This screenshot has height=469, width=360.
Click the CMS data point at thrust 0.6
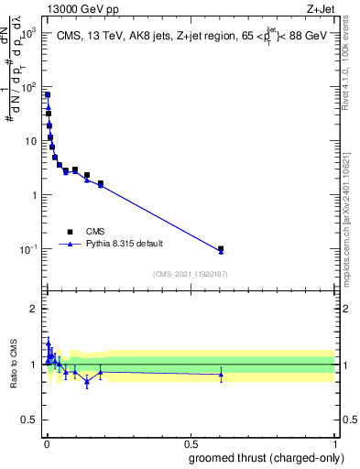coord(221,248)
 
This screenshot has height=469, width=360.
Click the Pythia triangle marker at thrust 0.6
coord(221,251)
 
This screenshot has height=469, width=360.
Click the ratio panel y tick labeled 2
coord(34,309)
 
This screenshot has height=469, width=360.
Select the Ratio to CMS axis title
coord(14,364)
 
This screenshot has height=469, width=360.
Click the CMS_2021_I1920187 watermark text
coord(190,274)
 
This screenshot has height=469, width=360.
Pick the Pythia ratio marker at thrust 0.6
coord(221,374)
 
